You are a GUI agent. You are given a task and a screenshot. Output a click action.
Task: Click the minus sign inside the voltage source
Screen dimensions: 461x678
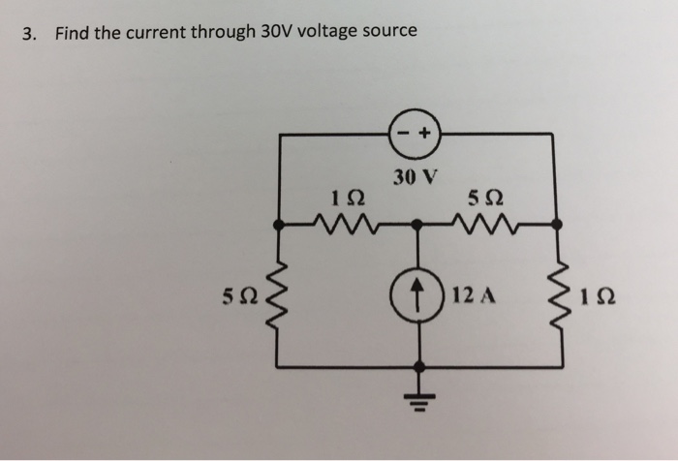pyautogui.click(x=405, y=136)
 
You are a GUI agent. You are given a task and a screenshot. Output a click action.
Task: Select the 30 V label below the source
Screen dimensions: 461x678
pyautogui.click(x=416, y=177)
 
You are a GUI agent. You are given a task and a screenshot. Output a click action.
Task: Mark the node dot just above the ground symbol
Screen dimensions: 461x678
pyautogui.click(x=418, y=367)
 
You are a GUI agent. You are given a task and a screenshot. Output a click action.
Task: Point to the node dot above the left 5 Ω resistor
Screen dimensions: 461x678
pyautogui.click(x=279, y=224)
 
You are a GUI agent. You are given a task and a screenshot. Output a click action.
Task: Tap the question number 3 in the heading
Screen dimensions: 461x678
pyautogui.click(x=29, y=33)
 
